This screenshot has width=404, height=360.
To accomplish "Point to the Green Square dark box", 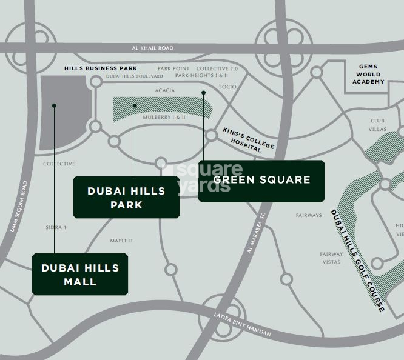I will click(261, 180).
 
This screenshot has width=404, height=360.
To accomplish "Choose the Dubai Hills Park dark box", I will click(126, 198).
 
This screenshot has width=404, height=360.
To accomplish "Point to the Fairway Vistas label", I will click(331, 258).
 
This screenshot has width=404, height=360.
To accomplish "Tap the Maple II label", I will click(121, 241).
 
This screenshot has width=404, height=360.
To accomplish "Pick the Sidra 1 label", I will click(56, 228).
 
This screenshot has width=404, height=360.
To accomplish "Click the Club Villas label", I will click(378, 125).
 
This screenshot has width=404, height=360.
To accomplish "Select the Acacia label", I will click(164, 90).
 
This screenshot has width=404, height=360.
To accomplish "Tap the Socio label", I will click(227, 87).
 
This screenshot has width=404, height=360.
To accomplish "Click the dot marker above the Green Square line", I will click(203, 93).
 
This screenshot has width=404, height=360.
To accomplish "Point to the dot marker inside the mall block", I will click(55, 105).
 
